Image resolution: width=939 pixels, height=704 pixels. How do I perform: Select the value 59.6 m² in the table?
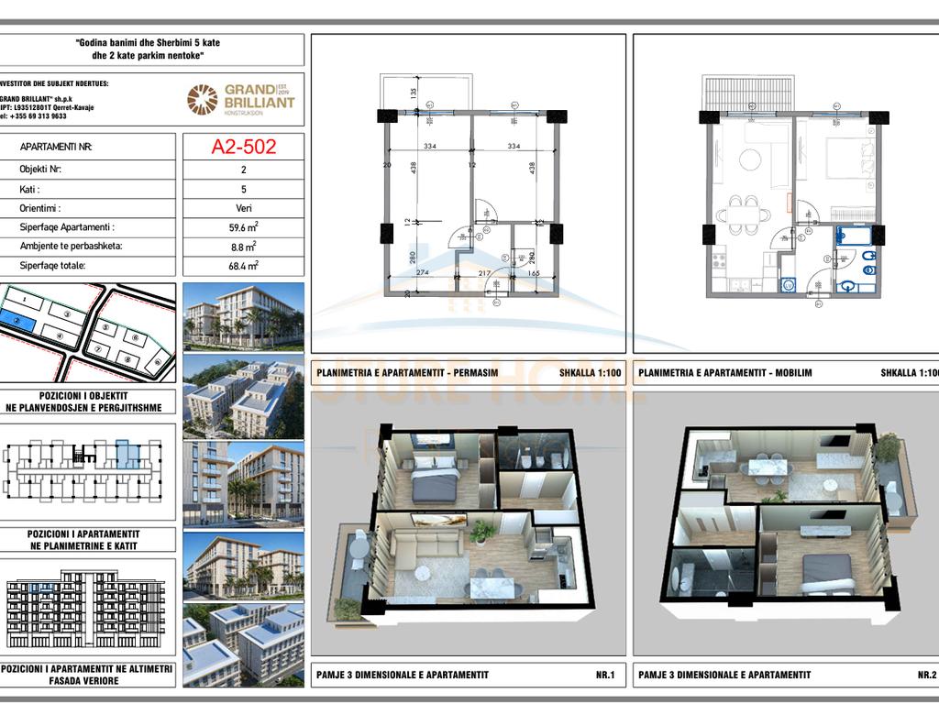tap(243, 227)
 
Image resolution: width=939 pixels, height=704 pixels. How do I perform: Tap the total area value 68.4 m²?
tap(243, 266)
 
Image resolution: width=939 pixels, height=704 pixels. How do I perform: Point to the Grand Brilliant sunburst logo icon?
tap(203, 99)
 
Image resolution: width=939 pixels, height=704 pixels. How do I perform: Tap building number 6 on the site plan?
tap(136, 338)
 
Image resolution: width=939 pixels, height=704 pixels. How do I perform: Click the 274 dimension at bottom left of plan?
tap(423, 272)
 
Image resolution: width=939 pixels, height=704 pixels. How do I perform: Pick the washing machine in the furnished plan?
tap(786, 285)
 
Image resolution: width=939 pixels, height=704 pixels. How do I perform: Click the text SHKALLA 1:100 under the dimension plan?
tap(589, 373)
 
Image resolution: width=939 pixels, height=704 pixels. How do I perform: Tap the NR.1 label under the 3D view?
tap(604, 675)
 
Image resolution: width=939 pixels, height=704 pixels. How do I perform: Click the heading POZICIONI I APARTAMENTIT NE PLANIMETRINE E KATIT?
tap(87, 539)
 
